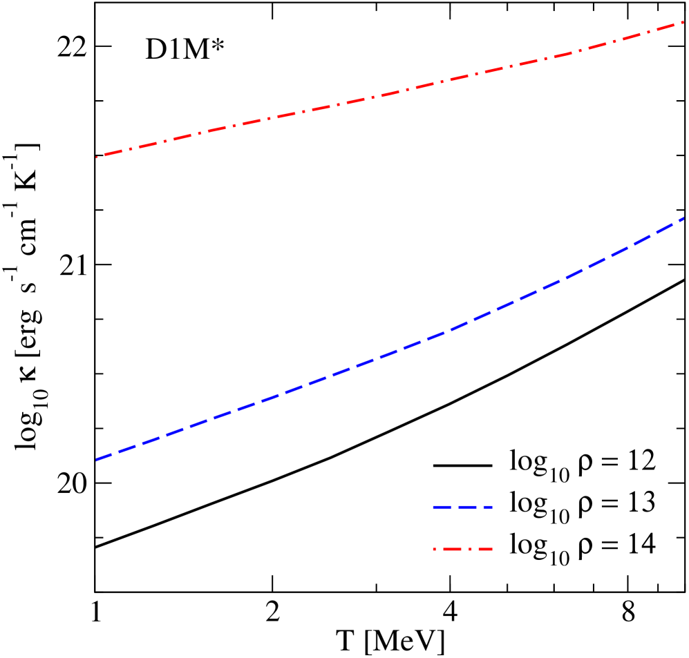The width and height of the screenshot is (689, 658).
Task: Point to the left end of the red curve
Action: point(97,157)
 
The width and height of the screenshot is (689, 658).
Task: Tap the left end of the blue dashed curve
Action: point(97,459)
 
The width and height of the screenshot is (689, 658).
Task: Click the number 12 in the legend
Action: point(641,461)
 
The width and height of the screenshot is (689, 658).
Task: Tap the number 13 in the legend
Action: point(641,502)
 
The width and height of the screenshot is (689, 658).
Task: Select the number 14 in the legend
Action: point(641,544)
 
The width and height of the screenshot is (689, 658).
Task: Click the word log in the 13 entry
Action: point(529,503)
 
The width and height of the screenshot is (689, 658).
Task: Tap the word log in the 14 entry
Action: point(529,545)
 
